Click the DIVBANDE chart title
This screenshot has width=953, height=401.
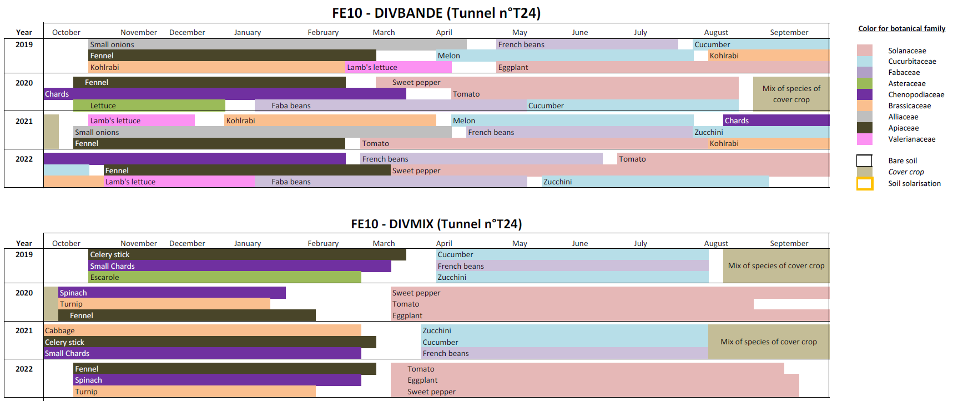click(x=436, y=13)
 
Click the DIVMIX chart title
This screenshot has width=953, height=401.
click(x=436, y=224)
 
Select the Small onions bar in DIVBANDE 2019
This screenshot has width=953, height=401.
click(x=278, y=44)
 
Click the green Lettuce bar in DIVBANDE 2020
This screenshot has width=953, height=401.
click(x=149, y=106)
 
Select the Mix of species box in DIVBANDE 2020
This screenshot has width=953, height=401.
click(x=791, y=94)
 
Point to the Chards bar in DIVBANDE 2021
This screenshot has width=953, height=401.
click(x=775, y=121)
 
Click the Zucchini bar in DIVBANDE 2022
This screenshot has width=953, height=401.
click(x=655, y=182)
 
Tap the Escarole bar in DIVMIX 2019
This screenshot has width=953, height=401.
click(x=225, y=277)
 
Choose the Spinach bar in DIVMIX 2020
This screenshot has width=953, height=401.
click(x=172, y=293)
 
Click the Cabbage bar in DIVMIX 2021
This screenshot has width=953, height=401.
click(x=203, y=330)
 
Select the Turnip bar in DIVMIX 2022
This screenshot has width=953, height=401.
click(x=194, y=392)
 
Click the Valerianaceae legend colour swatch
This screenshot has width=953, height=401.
click(x=864, y=139)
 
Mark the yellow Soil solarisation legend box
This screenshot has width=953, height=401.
click(x=864, y=184)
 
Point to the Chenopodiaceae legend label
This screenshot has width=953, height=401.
click(x=916, y=95)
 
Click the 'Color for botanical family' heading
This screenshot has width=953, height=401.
click(x=901, y=28)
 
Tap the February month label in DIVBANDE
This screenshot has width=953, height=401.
click(x=323, y=32)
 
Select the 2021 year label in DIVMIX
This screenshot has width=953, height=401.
click(x=24, y=330)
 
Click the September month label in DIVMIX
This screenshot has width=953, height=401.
click(x=789, y=243)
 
